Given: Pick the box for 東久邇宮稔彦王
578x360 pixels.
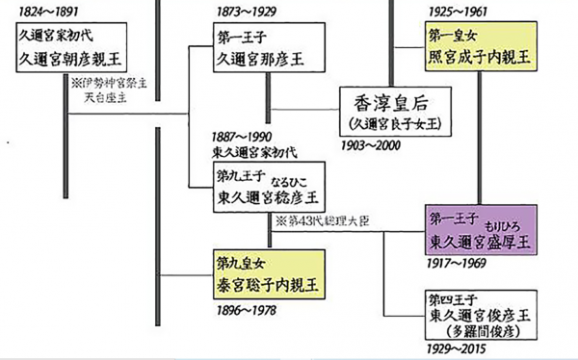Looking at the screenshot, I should [x=267, y=188].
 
